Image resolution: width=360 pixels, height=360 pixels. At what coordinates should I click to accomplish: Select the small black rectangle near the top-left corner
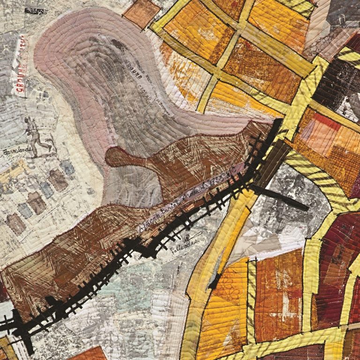[x=36, y=10]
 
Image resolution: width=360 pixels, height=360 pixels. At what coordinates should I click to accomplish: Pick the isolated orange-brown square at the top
[x=141, y=13]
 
